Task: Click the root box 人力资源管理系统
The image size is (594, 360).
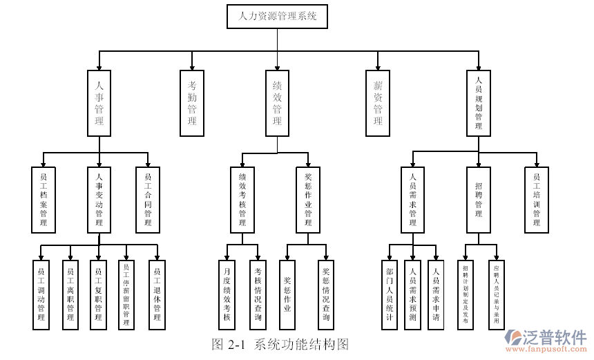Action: (278, 17)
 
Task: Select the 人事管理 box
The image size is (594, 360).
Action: (99, 102)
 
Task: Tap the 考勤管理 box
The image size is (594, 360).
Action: (192, 102)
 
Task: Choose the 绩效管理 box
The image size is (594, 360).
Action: (278, 102)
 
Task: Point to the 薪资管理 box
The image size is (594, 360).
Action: (378, 102)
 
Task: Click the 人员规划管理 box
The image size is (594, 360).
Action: (479, 102)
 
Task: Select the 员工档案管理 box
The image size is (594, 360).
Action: (44, 200)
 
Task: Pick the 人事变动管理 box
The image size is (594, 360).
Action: (99, 200)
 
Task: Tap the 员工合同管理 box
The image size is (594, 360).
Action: (148, 200)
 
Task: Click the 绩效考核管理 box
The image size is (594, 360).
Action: (242, 200)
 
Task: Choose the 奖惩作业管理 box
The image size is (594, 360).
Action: (308, 200)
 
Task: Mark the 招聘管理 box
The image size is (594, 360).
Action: (479, 200)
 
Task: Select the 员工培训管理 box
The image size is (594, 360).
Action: (536, 200)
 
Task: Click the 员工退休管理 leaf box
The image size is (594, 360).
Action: (157, 294)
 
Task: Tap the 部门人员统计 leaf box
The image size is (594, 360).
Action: (390, 294)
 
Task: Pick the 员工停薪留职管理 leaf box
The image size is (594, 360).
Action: (126, 294)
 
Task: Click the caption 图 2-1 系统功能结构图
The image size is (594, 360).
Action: (280, 344)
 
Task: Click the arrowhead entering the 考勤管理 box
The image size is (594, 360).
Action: (192, 68)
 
